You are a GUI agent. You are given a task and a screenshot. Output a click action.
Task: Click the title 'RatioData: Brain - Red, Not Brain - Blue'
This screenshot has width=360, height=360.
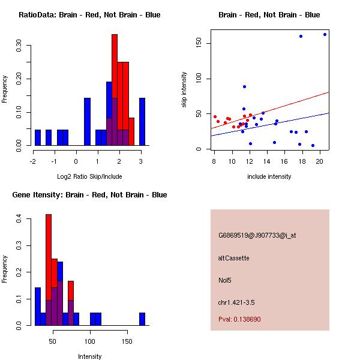tap(89, 15)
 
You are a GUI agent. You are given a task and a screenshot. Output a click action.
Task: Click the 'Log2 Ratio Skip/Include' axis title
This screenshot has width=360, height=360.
tap(89, 176)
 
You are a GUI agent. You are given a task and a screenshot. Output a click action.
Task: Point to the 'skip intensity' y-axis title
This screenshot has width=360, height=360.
tap(185, 90)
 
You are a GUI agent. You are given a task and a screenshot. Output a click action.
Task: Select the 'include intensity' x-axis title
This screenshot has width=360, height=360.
tap(269, 176)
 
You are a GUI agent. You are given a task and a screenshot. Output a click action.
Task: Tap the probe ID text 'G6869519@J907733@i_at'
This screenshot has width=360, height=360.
tap(257, 235)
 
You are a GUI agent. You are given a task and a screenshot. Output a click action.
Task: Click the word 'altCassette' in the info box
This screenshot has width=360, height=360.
tap(233, 258)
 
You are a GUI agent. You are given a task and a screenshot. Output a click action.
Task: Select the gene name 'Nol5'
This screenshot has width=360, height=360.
tap(226, 280)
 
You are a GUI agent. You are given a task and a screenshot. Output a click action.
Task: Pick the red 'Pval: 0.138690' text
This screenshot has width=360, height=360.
tap(239, 319)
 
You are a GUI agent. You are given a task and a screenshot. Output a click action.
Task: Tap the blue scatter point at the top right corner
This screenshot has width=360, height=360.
tap(325, 34)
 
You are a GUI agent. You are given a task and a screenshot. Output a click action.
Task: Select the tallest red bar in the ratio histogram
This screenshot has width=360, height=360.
tap(115, 90)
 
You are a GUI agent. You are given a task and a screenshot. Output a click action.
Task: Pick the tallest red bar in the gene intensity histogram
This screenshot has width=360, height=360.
tap(49, 270)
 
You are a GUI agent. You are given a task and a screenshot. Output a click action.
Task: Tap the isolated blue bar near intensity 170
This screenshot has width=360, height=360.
tap(142, 319)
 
